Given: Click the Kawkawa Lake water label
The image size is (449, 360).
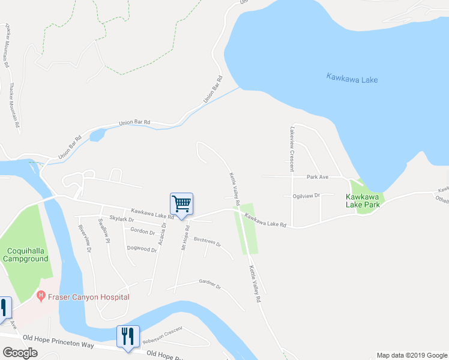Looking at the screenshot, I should [x=352, y=78].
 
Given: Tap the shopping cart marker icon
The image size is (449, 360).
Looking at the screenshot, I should [x=181, y=203].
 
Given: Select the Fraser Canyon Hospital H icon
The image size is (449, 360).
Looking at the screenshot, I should [x=41, y=295].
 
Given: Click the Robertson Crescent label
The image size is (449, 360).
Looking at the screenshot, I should [x=161, y=337].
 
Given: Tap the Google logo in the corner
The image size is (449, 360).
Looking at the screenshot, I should [x=20, y=353].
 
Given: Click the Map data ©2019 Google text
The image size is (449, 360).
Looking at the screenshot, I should [x=411, y=355].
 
